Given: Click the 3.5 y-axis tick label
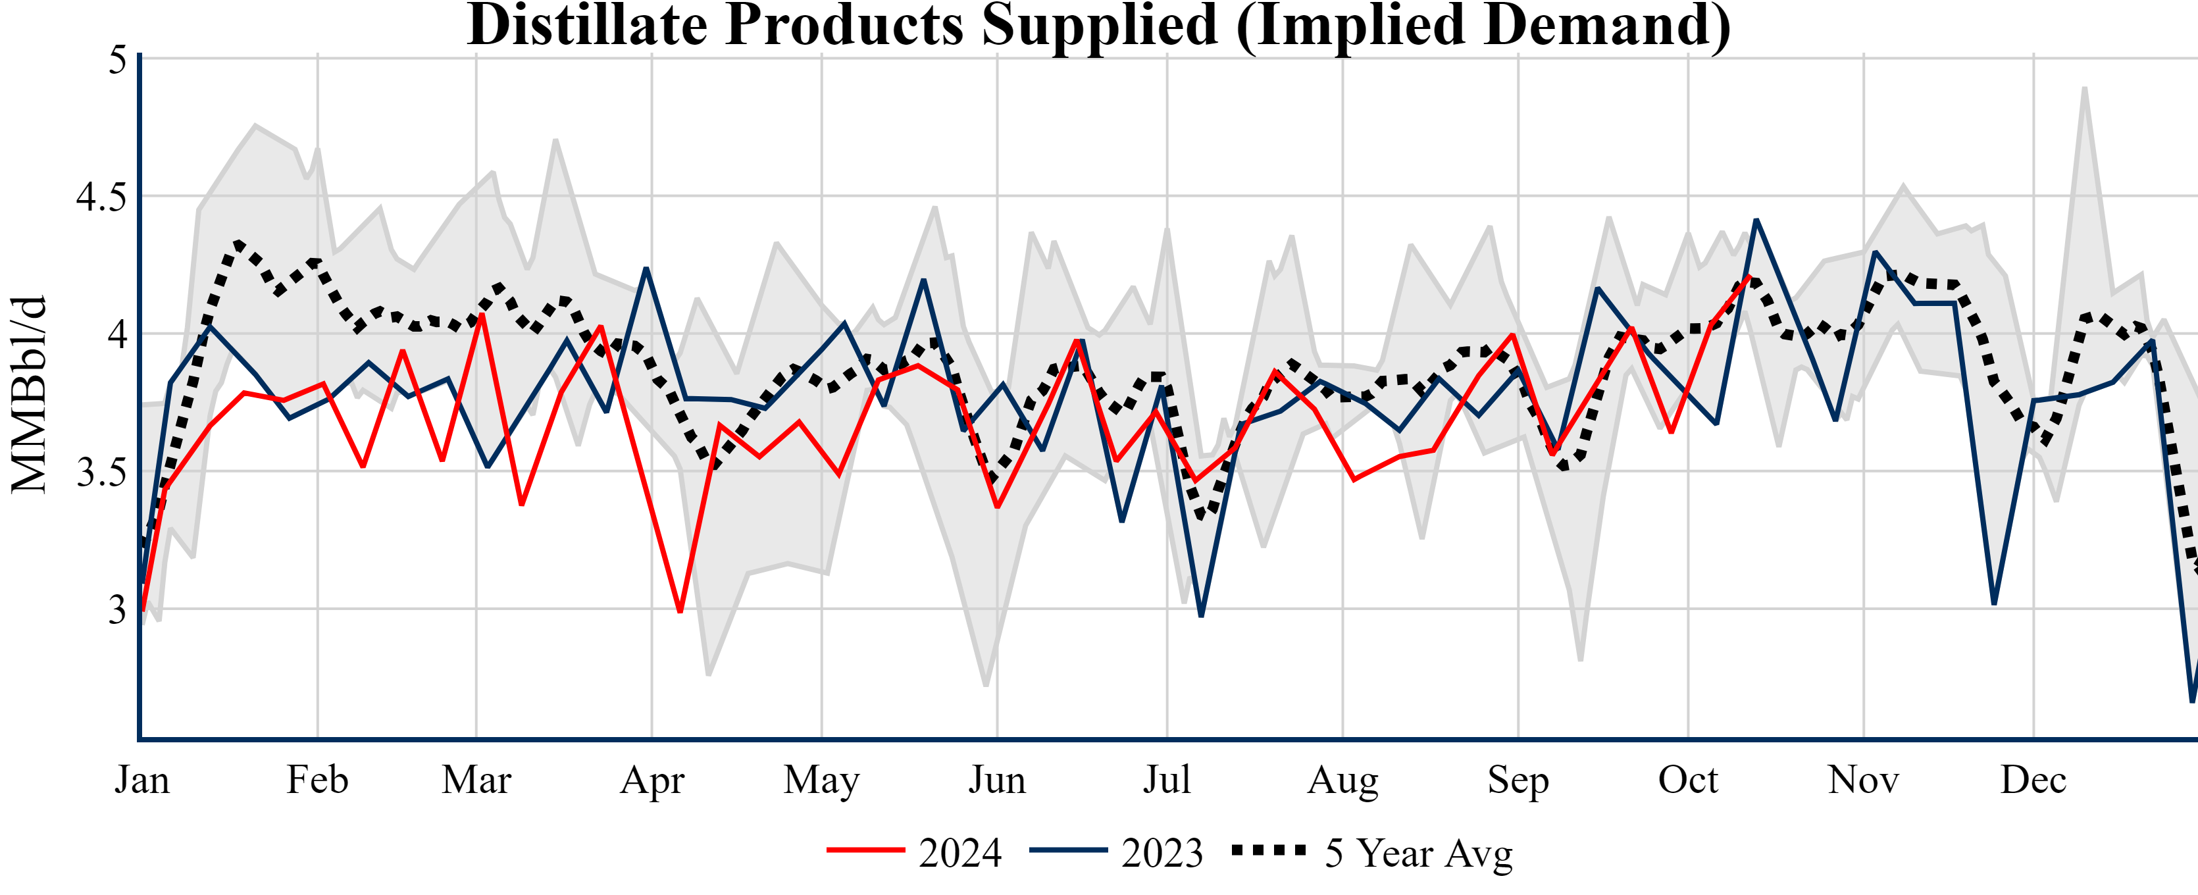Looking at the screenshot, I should coord(101,473).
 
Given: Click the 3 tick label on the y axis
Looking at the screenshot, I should coord(118,610).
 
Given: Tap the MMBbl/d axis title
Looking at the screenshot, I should coord(28,394).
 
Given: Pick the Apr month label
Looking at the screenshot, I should coord(652,780).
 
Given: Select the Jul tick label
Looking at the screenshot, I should coord(1166,780).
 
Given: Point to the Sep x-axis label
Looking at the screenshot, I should coord(1518,780).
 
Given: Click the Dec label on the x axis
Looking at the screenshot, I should coord(2033,780).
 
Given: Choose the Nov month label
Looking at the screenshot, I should coord(1864,780).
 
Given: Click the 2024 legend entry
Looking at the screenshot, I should coord(915,852).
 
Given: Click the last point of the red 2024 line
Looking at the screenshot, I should coord(1749,276).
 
